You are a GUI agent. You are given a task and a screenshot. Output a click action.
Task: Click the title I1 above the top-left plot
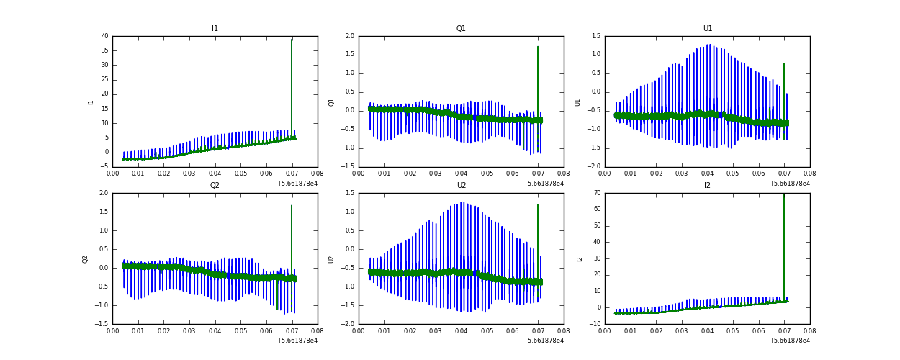(x=215, y=29)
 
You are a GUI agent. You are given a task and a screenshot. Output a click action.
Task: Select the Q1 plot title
(x=461, y=29)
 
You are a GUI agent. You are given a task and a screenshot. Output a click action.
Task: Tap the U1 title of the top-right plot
(x=707, y=29)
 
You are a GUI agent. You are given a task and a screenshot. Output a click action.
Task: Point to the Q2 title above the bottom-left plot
(x=215, y=186)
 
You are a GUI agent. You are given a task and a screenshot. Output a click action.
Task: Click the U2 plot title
(x=461, y=186)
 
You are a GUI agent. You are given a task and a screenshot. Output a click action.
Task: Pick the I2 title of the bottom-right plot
(x=707, y=186)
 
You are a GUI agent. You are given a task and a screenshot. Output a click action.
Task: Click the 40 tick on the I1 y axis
(x=104, y=36)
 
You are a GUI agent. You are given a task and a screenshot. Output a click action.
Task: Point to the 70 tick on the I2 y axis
(x=597, y=193)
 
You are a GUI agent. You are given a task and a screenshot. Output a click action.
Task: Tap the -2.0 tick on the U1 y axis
(x=594, y=167)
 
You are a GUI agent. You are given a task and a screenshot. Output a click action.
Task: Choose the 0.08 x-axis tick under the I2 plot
(x=809, y=331)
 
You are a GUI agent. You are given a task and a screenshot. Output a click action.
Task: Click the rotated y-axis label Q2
(x=85, y=259)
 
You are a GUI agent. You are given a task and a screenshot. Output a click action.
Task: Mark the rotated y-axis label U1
(x=577, y=102)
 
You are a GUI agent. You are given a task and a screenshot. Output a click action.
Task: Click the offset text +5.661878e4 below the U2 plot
(x=543, y=341)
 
